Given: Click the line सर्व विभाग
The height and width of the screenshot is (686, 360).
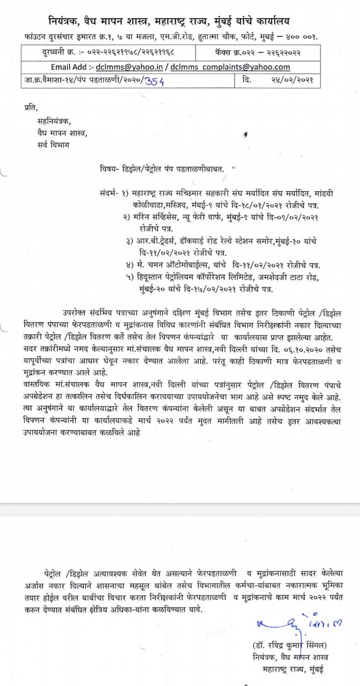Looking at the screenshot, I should pyautogui.click(x=53, y=144).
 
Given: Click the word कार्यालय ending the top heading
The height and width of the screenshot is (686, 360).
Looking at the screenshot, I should pyautogui.click(x=268, y=21).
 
